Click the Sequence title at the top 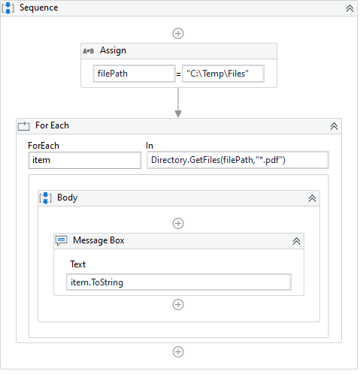(x=38, y=8)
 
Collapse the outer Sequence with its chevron (x=349, y=8)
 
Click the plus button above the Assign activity (x=178, y=33)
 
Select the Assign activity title (x=113, y=50)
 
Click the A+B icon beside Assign (x=88, y=51)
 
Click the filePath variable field (x=135, y=74)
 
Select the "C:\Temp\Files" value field (x=223, y=74)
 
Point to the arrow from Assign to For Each (x=178, y=102)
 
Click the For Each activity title (x=52, y=125)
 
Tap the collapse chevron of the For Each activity (x=334, y=126)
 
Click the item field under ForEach (x=85, y=160)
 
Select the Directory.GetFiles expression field (x=237, y=160)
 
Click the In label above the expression (x=150, y=146)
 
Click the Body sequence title (x=67, y=198)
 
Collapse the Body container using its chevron (x=312, y=198)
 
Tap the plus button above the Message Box (x=178, y=223)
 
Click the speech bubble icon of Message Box (x=62, y=241)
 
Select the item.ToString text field (x=179, y=282)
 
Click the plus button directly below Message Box (x=178, y=304)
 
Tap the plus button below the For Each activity (x=178, y=351)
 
